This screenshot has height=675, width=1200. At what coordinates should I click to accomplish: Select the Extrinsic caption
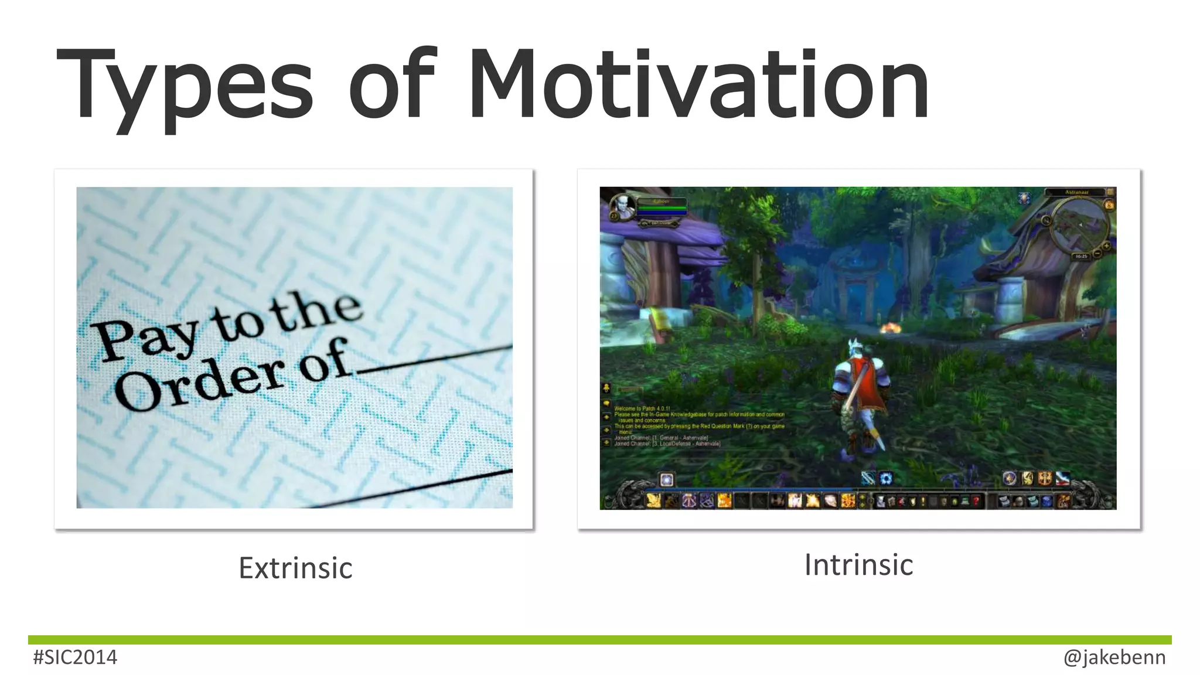coord(295,568)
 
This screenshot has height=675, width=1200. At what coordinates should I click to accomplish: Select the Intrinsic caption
coord(858,565)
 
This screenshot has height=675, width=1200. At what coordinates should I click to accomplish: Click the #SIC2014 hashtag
coord(75,657)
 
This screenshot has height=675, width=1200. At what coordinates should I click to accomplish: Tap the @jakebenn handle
coord(1114,657)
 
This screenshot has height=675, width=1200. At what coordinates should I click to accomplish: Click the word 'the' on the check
coord(316,311)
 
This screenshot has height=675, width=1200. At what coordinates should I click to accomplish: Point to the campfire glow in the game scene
coord(890,328)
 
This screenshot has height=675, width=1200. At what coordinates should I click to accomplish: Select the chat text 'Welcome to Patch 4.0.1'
coord(642,408)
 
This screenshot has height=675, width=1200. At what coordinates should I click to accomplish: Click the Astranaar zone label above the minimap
coord(1076,192)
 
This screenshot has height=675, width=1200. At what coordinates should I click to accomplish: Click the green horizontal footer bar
coord(599,640)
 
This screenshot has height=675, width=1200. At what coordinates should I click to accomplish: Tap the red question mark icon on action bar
coord(976,502)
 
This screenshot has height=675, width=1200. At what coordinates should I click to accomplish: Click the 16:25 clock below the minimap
coord(1081,256)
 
